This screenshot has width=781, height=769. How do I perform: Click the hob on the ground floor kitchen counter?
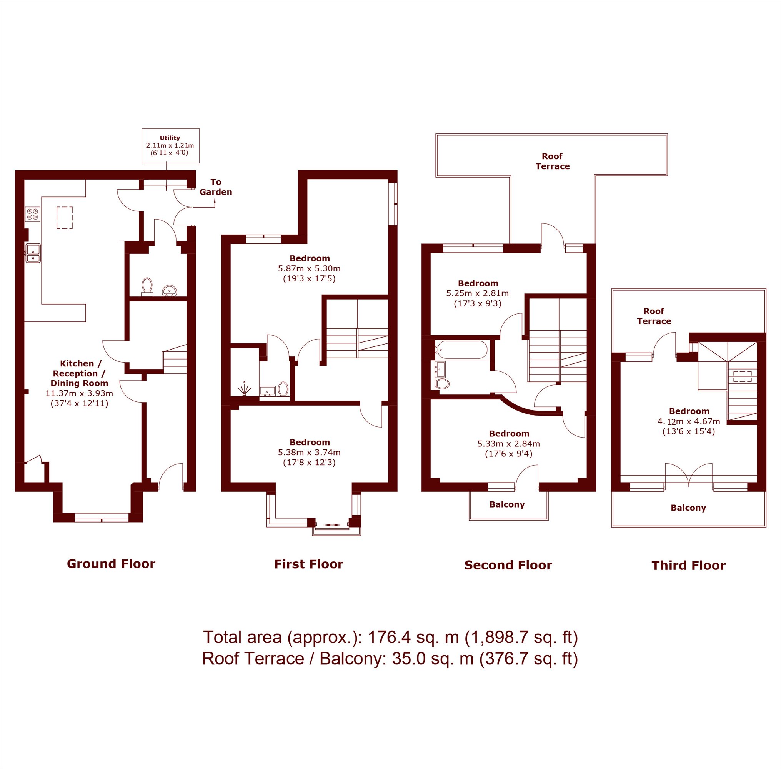click(x=33, y=214)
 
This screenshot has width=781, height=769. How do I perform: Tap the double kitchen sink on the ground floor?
click(x=33, y=253)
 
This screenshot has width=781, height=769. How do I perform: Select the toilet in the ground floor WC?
click(x=147, y=286)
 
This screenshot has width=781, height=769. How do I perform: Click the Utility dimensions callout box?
click(x=170, y=146)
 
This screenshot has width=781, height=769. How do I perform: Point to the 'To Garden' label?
click(x=216, y=187)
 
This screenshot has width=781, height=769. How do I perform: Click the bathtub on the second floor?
click(x=461, y=350)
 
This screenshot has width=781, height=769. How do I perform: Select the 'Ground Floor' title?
click(x=111, y=564)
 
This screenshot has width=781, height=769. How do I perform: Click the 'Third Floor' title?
click(x=689, y=566)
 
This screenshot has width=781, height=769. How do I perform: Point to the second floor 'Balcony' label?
click(x=507, y=504)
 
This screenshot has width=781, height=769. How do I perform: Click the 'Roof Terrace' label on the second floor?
click(x=553, y=161)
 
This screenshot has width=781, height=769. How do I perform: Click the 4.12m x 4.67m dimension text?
click(x=689, y=422)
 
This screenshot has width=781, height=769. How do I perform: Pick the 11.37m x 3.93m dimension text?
click(x=79, y=393)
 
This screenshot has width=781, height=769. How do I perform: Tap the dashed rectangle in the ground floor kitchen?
click(x=65, y=218)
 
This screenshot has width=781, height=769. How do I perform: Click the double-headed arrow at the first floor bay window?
click(x=332, y=525)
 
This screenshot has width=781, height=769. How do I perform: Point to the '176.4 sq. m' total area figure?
click(x=413, y=638)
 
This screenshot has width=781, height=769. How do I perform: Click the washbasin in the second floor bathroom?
click(x=441, y=369)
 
